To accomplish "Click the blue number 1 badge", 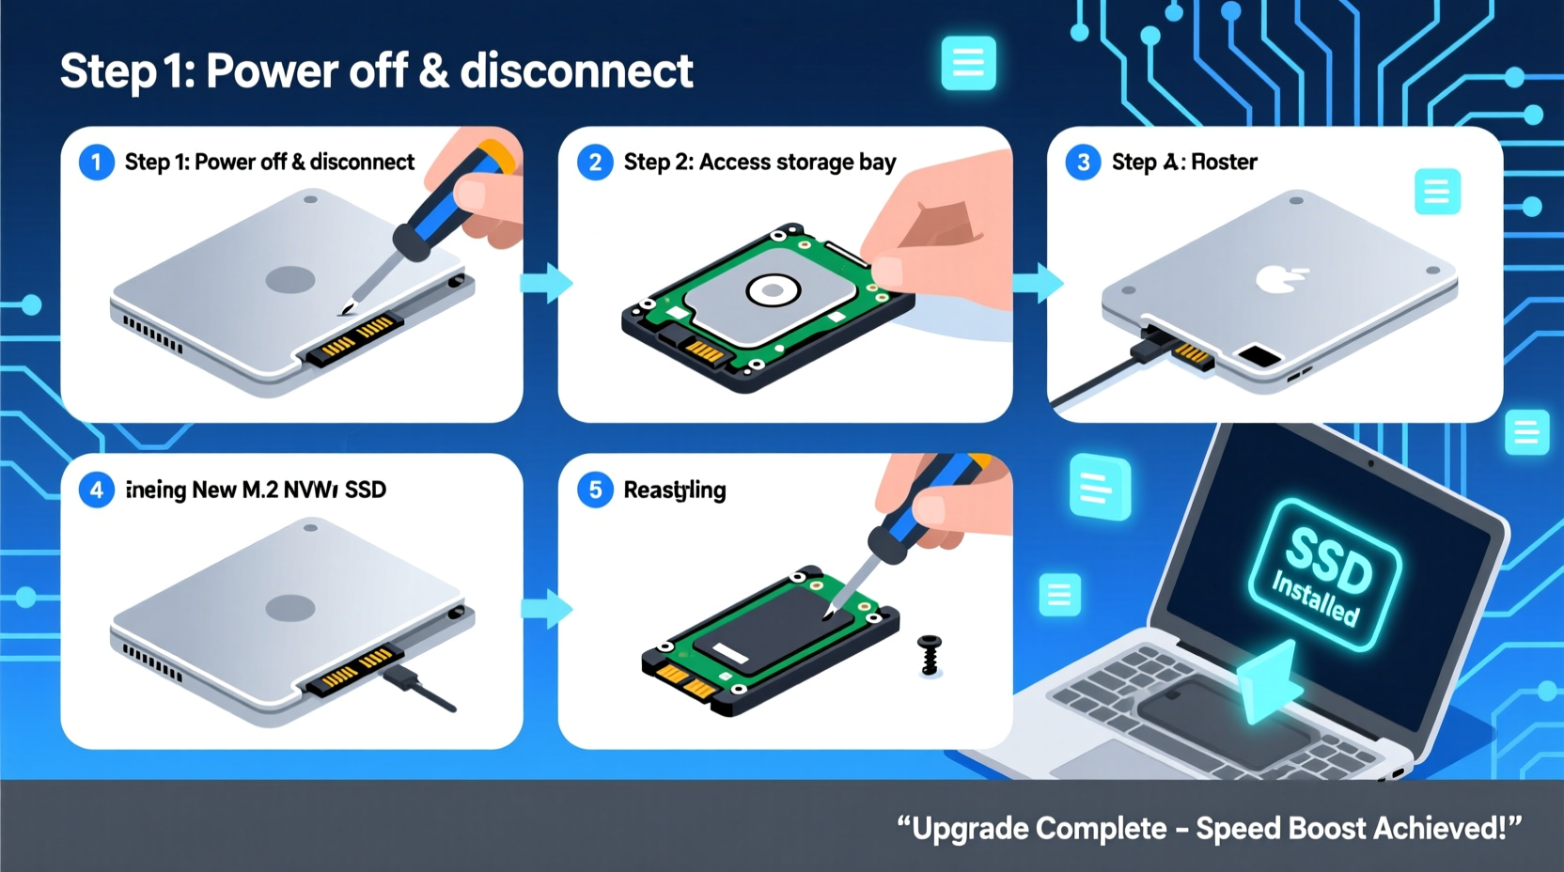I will click(96, 163).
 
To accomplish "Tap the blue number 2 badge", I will click(595, 163).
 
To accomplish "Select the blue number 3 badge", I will click(1083, 163).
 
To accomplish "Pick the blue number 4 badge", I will click(96, 490).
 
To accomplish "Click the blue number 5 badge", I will click(595, 490).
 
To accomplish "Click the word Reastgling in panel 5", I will click(675, 490).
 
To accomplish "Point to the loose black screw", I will click(930, 655).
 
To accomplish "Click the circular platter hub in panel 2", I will click(773, 290).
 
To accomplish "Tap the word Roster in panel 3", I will click(1224, 163).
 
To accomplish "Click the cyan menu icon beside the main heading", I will click(968, 64).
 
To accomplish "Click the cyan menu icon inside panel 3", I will click(1436, 192).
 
